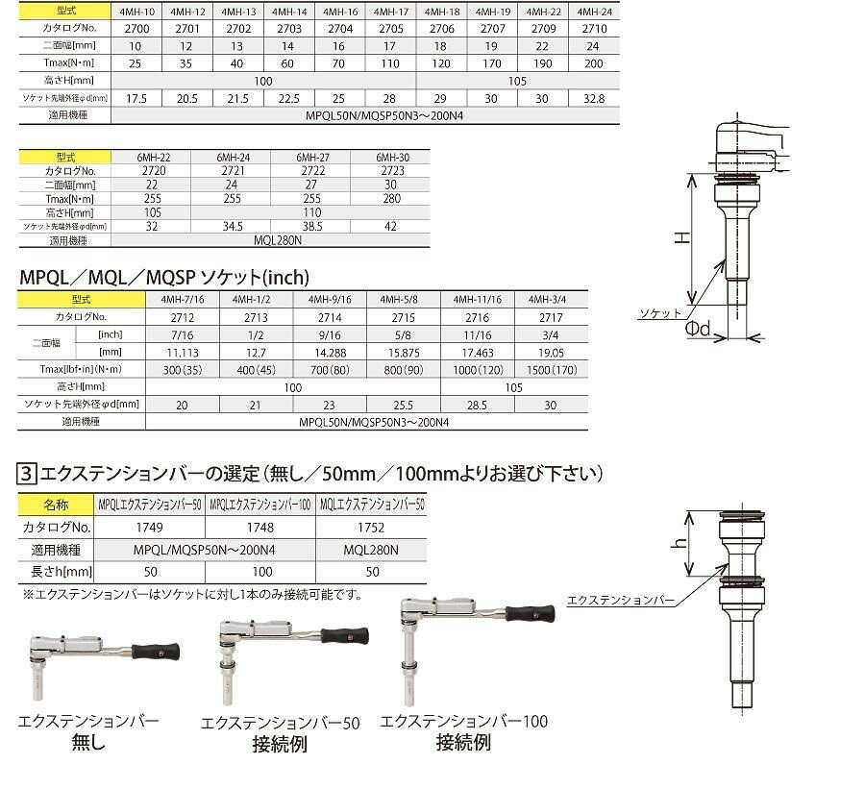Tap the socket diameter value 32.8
pyautogui.click(x=595, y=98)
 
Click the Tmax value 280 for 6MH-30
pyautogui.click(x=389, y=198)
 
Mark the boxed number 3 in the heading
pyautogui.click(x=28, y=473)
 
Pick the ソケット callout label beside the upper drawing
pyautogui.click(x=660, y=313)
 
